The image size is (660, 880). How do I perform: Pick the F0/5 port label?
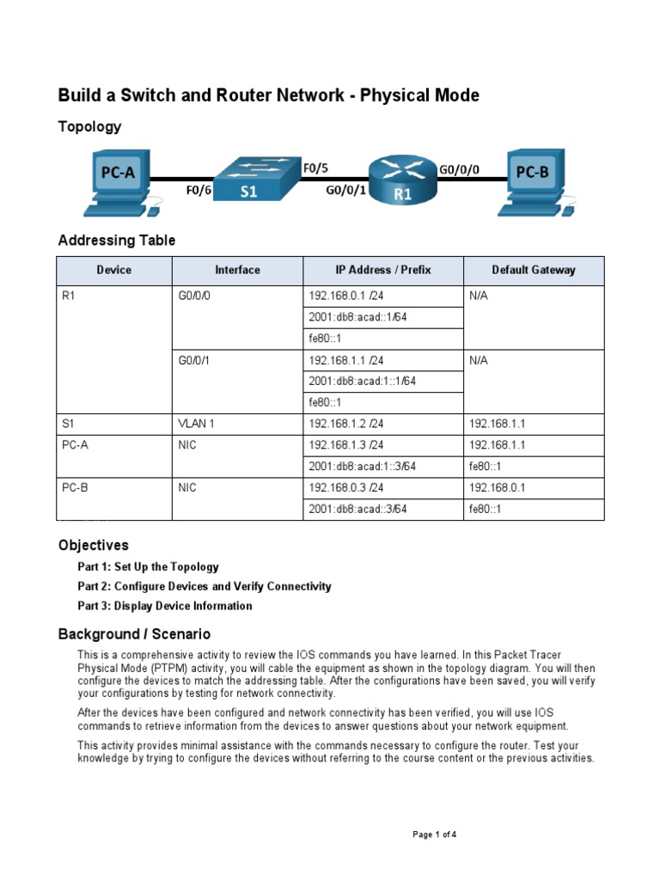coord(315,169)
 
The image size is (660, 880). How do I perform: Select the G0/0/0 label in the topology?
coord(459,170)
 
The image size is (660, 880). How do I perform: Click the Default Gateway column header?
coord(534,270)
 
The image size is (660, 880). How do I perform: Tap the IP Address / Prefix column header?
coord(382,270)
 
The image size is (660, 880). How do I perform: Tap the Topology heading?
coord(89,126)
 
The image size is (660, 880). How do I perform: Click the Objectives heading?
coord(93,545)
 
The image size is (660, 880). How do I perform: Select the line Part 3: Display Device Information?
coord(164,606)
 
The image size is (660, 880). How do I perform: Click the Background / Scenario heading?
coord(133,634)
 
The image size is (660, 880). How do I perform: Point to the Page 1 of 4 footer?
coord(440,834)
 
